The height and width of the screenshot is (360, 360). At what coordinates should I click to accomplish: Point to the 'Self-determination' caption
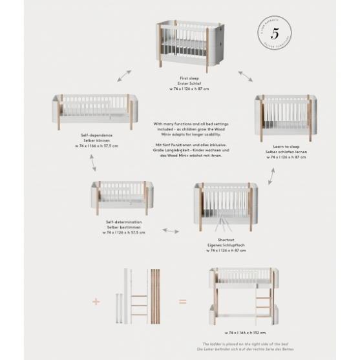click(x=123, y=222)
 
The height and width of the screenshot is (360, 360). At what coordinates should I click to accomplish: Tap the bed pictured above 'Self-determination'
click(x=123, y=198)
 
